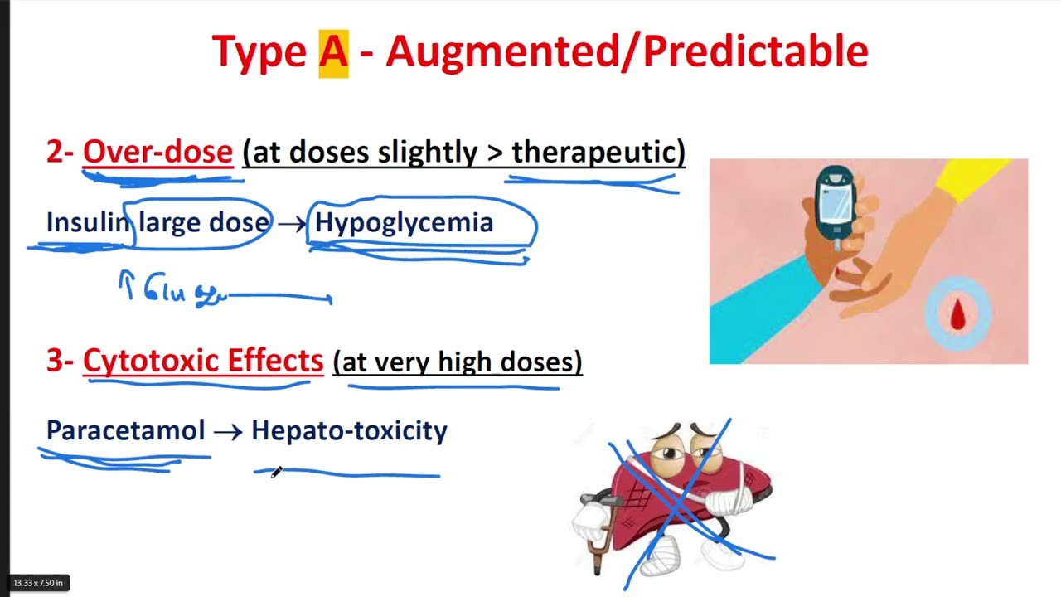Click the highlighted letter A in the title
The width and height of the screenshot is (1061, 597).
coord(333,52)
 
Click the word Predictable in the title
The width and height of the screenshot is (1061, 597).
coord(755,52)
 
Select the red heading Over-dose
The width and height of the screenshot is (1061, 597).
coord(157,153)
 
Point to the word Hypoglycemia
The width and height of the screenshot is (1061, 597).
coord(404,222)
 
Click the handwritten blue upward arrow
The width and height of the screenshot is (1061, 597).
coord(127,284)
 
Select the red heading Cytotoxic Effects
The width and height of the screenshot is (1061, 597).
coord(203,362)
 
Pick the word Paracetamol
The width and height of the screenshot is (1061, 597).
coord(125,430)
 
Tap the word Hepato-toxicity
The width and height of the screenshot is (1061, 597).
coord(349,430)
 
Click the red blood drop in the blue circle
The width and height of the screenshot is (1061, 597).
coord(957,314)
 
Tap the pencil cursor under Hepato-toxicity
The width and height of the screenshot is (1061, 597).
coord(276,472)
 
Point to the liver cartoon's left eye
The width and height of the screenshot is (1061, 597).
coord(668,454)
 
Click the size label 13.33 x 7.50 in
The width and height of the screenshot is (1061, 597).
coord(38,583)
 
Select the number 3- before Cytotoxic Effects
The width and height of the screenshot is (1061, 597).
coord(61,362)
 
